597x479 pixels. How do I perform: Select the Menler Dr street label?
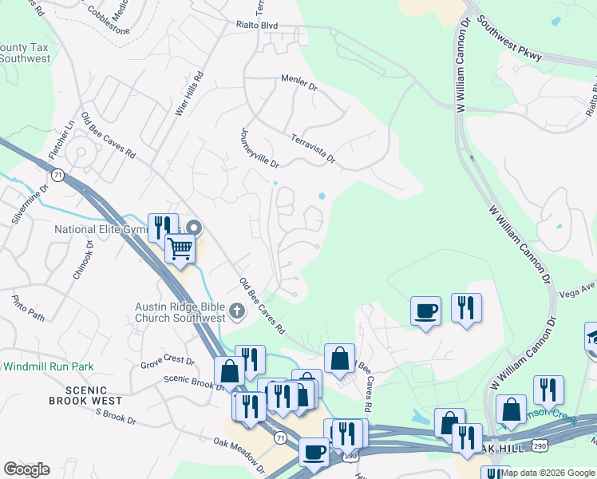tap(299, 82)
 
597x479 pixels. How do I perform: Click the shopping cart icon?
tap(180, 250)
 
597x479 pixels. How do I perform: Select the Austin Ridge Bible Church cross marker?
tap(236, 311)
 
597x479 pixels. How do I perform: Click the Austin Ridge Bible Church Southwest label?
tap(180, 312)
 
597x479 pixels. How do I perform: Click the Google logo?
tap(26, 469)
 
